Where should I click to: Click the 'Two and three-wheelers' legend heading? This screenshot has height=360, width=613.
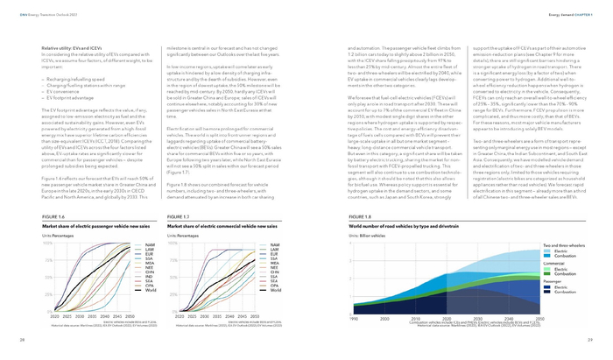(x=561, y=244)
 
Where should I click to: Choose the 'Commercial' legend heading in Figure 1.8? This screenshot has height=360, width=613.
(x=553, y=262)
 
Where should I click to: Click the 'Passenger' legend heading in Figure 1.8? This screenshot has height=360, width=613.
(x=552, y=281)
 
